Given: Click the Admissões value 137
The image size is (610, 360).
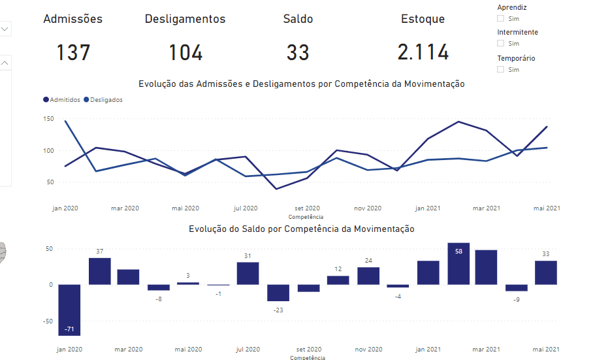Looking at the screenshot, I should click(x=73, y=52).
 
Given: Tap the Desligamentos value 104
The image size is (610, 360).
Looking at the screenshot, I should click(x=185, y=52).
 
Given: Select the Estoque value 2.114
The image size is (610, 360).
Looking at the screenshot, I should click(x=423, y=52).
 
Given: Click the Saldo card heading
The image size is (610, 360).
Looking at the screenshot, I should click(x=298, y=19).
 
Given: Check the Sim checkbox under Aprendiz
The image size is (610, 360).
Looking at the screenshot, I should click(x=501, y=18).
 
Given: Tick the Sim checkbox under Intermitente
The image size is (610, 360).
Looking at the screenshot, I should click(x=501, y=43).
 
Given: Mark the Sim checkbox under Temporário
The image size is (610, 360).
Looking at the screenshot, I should click(x=501, y=69).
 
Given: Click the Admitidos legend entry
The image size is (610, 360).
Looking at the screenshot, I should click(x=62, y=100).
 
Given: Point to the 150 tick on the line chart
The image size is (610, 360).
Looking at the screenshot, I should click(x=48, y=119).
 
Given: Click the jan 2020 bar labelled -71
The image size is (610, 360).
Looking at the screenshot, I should click(x=69, y=310).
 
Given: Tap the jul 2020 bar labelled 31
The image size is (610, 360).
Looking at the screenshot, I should click(x=248, y=273).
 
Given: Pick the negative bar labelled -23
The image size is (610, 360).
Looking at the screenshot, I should click(x=278, y=293).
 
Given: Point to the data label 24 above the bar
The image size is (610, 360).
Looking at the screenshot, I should click(x=368, y=261).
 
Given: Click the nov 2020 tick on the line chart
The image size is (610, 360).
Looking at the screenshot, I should click(x=368, y=208).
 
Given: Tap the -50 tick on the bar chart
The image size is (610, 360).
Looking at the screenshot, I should click(x=47, y=321).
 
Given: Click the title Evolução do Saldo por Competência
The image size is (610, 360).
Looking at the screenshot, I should click(x=302, y=229).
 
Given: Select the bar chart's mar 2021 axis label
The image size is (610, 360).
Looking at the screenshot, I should click(x=486, y=350).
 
